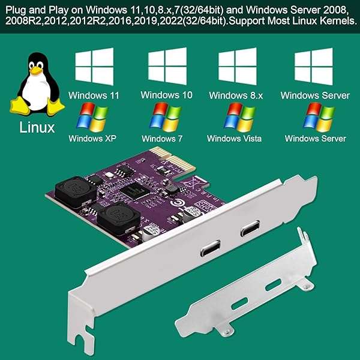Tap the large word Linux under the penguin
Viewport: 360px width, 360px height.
coord(37,127)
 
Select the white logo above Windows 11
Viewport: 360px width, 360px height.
coord(93,67)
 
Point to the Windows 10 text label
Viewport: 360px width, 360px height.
coord(166,95)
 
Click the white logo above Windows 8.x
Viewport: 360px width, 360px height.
coord(237,67)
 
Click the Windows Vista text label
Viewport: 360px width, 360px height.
coord(234,139)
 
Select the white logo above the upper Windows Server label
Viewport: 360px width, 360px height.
coord(314,67)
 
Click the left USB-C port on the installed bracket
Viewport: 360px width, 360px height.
coord(212,248)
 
